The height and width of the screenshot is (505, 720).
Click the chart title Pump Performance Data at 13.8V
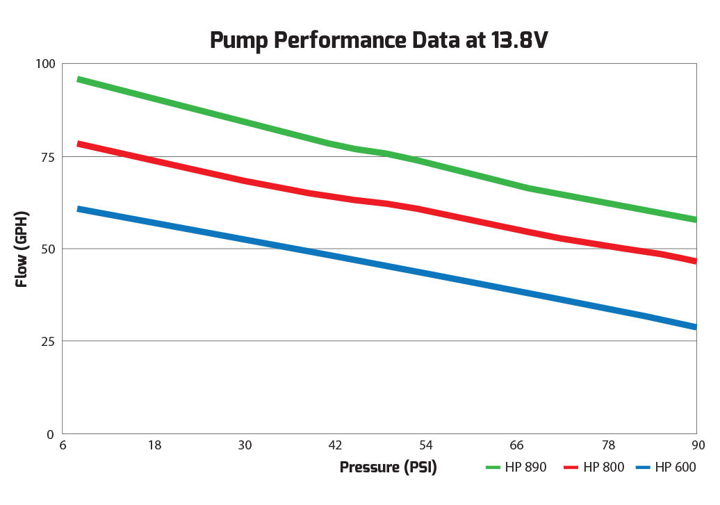(x=379, y=41)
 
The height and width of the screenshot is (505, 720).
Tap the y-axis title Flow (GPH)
(x=22, y=249)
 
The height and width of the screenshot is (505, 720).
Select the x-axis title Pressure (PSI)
(x=388, y=467)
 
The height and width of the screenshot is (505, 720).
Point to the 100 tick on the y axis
(x=44, y=64)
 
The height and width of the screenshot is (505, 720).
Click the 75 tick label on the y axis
(x=47, y=156)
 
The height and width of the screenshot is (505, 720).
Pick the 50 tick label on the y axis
(x=47, y=249)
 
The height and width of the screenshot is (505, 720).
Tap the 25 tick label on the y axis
(x=47, y=341)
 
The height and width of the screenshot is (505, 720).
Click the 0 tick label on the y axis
(x=51, y=434)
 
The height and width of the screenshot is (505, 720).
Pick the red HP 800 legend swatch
(x=571, y=467)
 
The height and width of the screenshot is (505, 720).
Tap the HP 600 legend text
(x=676, y=467)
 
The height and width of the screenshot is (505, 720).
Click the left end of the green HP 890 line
(x=79, y=80)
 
